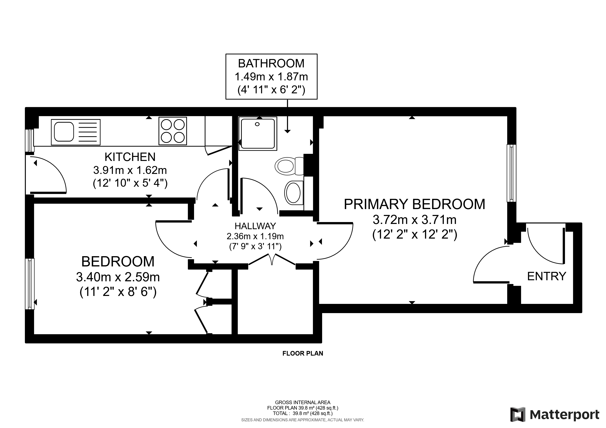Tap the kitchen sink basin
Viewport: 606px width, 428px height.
coord(64,132)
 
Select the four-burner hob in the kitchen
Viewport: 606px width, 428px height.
coord(173,131)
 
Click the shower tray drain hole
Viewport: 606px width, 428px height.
coord(257,124)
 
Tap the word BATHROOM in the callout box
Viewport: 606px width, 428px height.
coord(271,63)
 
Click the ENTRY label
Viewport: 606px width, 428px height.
coord(546,276)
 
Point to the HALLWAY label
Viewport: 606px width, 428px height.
coord(255,226)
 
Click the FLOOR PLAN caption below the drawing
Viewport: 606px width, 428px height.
coord(302,353)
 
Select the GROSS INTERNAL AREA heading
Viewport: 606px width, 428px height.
coord(302,402)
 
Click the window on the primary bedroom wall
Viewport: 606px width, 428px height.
coord(511,173)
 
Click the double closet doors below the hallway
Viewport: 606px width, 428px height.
coord(272,260)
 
